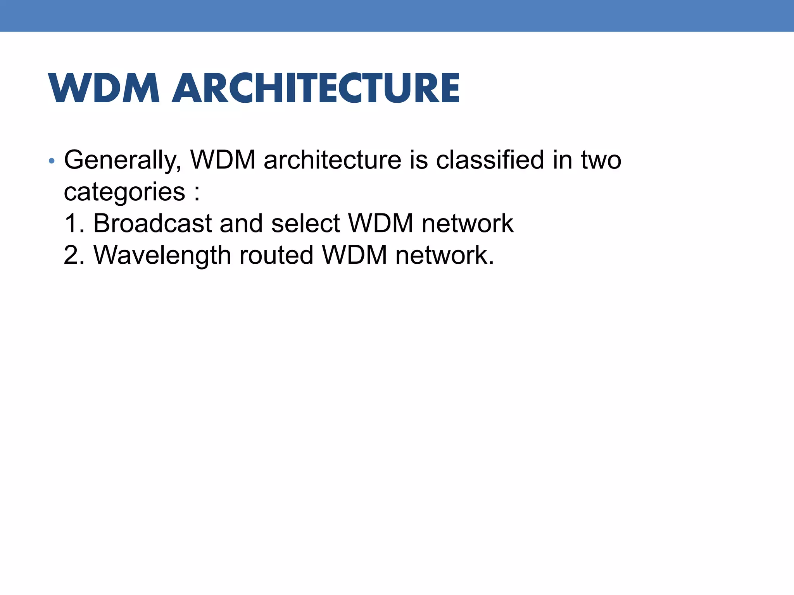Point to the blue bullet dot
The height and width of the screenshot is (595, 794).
52,160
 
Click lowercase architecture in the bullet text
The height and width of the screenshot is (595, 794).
332,160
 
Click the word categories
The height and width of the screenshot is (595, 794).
124,192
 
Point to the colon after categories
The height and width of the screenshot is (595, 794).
197,192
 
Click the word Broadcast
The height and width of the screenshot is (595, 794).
153,224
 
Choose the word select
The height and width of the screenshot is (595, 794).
306,224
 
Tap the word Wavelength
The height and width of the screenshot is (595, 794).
162,255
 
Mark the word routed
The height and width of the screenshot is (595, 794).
276,255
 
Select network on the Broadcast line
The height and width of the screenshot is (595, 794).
467,224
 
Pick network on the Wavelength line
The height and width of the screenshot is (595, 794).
444,255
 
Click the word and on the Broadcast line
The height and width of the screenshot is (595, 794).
242,224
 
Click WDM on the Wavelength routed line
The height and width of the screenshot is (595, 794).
354,255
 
